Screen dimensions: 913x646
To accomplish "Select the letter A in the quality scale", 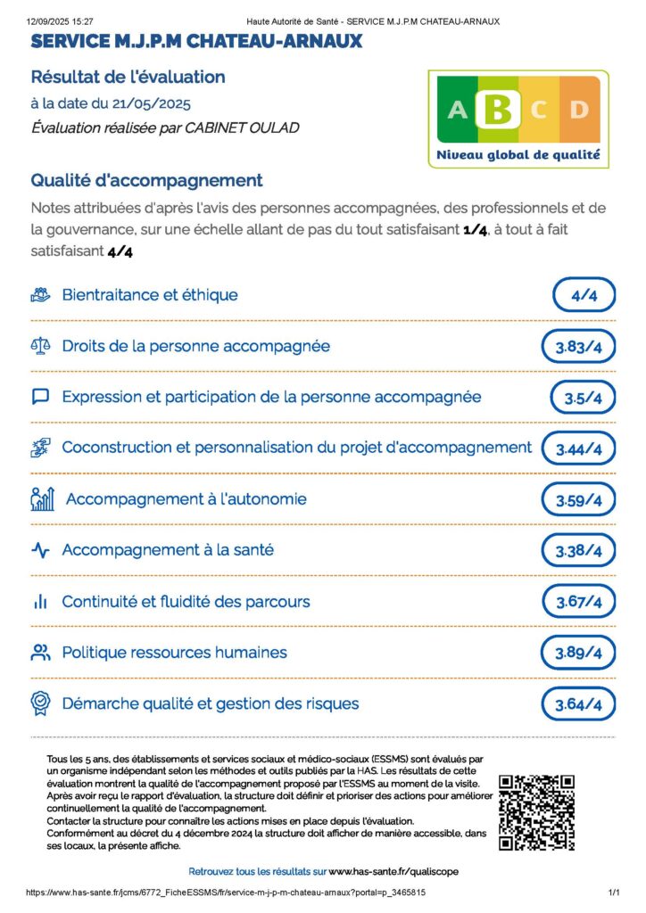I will point(457,110).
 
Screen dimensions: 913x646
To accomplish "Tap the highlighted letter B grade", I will point(499,109).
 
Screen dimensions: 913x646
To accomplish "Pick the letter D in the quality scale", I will point(579,110).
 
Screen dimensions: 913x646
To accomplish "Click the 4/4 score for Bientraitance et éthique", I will point(584,295).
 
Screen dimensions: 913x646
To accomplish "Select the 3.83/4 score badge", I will point(578,347).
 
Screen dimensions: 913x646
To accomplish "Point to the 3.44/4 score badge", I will point(578,449).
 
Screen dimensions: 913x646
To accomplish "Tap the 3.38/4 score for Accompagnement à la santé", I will point(578,552).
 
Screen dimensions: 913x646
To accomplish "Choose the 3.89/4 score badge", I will point(578,654).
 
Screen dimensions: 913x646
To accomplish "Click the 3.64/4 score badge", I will point(578,705).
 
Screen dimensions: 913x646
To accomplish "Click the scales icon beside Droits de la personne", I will point(40,346).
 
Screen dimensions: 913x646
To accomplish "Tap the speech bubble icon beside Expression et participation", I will point(40,397).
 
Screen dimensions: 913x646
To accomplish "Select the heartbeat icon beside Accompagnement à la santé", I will point(40,551).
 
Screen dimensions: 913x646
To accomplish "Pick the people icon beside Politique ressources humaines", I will point(40,653).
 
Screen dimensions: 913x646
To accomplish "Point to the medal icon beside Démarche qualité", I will point(40,703).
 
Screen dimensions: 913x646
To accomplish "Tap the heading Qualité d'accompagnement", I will point(146,180).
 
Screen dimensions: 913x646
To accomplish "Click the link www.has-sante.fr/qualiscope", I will point(393,871).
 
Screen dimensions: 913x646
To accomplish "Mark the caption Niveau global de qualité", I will point(518,155).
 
